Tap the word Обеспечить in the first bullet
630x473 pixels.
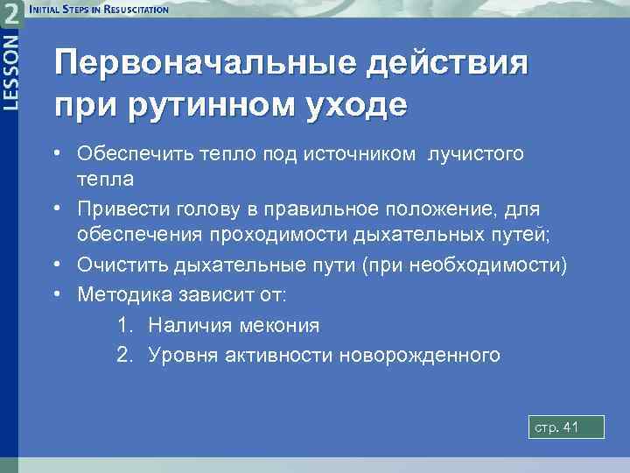[129, 154]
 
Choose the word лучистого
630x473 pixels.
[476, 154]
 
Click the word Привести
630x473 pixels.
[115, 210]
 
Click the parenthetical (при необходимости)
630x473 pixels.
[467, 265]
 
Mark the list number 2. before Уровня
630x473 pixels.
[126, 355]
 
